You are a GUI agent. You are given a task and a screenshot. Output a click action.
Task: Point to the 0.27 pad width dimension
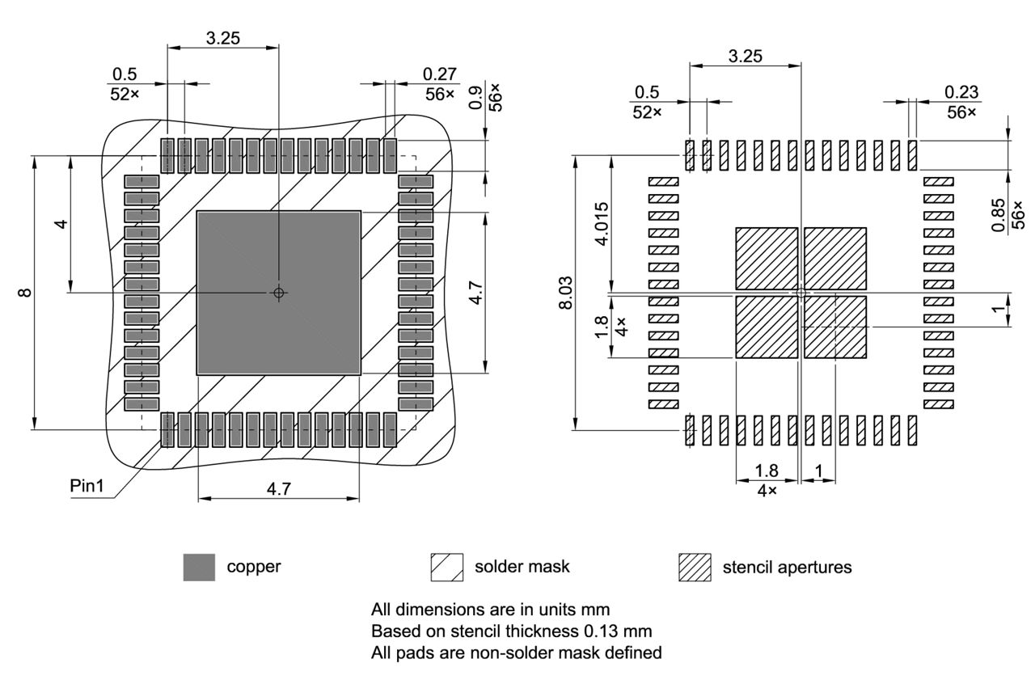(438, 74)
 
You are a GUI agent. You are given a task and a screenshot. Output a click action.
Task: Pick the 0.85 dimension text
(1000, 215)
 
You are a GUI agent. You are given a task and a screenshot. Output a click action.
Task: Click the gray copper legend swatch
(199, 567)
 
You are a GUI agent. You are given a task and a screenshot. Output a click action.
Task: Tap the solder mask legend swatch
(447, 567)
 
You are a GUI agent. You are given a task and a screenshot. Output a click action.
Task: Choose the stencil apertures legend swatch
(695, 567)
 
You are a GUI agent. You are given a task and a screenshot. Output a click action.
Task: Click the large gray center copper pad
(278, 293)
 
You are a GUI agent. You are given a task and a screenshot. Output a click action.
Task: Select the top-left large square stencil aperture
(766, 258)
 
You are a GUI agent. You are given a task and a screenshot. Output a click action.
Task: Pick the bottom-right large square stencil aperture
(835, 327)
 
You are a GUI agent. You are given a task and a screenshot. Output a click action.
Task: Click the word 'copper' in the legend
(254, 567)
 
